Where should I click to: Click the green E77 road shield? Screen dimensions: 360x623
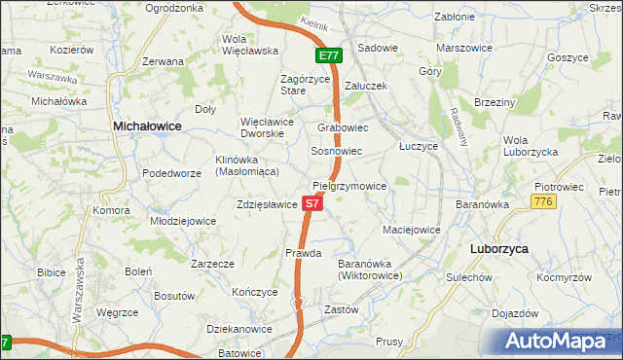[329, 56]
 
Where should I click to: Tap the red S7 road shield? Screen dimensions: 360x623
[311, 204]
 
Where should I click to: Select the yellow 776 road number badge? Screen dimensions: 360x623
[543, 200]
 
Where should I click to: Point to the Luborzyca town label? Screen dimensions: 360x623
[498, 249]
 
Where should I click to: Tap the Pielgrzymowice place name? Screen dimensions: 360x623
[349, 186]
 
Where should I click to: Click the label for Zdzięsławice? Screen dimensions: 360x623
[266, 205]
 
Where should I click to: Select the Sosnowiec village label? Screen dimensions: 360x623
[336, 152]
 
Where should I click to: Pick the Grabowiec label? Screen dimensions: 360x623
[342, 127]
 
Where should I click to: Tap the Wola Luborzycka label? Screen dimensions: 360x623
[530, 146]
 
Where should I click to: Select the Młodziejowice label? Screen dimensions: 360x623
[183, 221]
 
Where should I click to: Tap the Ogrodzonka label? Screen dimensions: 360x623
[173, 8]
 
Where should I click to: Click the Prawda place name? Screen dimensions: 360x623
[303, 253]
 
